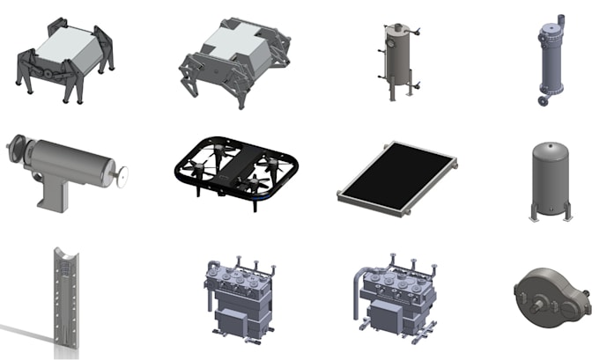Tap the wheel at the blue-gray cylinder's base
pos(542,101)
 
